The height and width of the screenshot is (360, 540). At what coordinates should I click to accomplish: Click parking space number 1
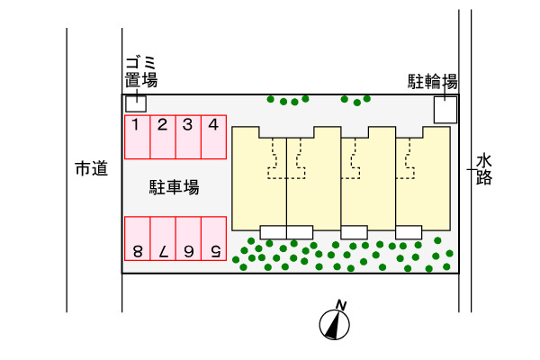click(x=136, y=137)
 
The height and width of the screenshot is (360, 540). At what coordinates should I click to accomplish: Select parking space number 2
click(x=162, y=137)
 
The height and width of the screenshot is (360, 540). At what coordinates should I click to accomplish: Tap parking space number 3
click(x=187, y=137)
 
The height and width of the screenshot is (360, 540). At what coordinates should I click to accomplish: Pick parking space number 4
click(x=213, y=137)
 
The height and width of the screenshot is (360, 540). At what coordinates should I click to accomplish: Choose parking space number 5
click(x=213, y=238)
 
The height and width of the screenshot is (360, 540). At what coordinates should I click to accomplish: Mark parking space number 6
click(x=188, y=238)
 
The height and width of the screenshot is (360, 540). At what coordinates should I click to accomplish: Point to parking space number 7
click(x=162, y=238)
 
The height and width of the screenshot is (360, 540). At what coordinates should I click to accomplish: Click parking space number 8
click(x=137, y=238)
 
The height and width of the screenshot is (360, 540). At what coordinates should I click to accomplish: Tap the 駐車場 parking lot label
click(x=174, y=188)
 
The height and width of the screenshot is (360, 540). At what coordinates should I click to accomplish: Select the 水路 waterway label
click(x=484, y=169)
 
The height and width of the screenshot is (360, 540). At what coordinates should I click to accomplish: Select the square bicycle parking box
click(x=445, y=110)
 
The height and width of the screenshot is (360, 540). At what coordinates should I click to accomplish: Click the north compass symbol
click(x=335, y=324)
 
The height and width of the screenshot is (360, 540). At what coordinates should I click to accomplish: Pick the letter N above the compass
click(x=340, y=303)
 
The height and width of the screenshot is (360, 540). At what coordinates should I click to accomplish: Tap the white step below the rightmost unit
click(x=409, y=232)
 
